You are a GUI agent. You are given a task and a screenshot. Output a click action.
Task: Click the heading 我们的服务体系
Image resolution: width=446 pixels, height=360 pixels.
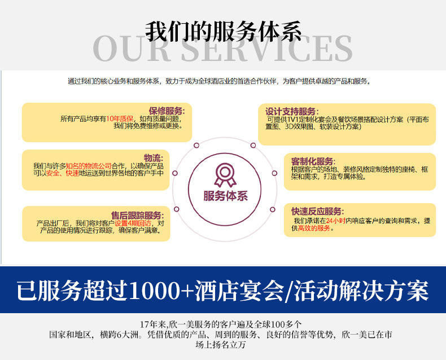223,31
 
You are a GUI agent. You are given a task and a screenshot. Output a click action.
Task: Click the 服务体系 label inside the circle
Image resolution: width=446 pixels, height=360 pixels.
225,196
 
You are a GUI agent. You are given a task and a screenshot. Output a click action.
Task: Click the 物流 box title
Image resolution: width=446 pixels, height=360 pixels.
154,157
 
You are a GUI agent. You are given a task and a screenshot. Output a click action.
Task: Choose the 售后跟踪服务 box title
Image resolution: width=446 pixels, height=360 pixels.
138,215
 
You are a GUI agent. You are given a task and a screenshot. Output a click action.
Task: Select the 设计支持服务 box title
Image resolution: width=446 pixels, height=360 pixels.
292,111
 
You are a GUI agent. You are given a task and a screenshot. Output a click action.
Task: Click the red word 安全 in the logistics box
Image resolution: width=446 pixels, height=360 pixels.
53,173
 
